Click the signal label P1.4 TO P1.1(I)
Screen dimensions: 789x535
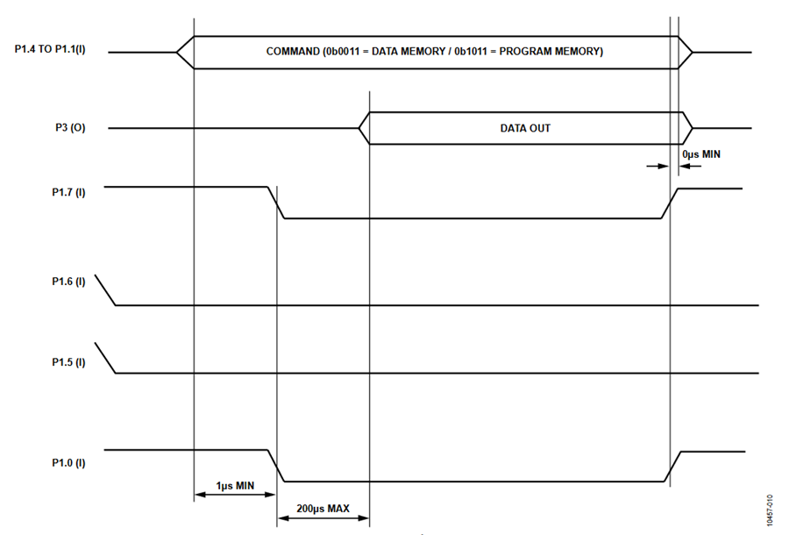[x=50, y=49]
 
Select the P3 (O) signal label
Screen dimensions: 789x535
[x=70, y=128]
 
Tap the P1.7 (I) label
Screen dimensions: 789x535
[x=68, y=192]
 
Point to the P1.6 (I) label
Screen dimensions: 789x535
[x=68, y=282]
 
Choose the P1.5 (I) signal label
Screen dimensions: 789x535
[x=68, y=362]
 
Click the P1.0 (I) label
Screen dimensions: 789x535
[x=68, y=462]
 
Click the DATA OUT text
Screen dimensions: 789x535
[x=525, y=128]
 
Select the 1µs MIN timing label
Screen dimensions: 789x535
[x=235, y=486]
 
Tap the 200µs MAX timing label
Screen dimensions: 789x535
[x=323, y=509]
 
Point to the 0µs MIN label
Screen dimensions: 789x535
[x=701, y=154]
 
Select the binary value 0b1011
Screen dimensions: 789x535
[x=472, y=52]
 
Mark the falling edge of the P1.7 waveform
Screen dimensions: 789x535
[x=276, y=203]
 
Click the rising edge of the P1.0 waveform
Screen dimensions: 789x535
[x=672, y=467]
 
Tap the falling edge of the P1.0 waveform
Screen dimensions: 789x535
[x=276, y=466]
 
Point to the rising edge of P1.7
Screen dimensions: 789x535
[x=669, y=203]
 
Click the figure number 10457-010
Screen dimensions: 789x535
[x=770, y=510]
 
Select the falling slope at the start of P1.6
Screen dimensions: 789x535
[x=105, y=290]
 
